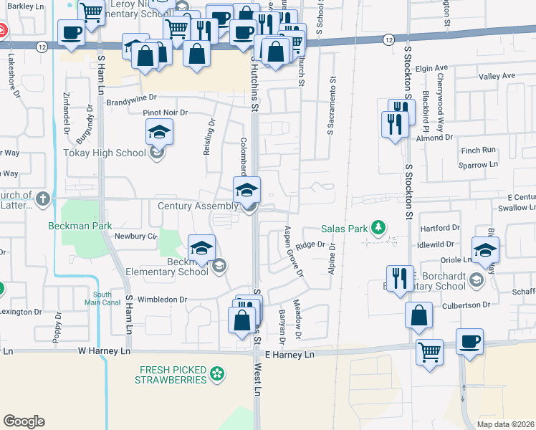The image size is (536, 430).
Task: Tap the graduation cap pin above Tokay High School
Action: pyautogui.click(x=159, y=132)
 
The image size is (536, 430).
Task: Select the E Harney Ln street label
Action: pyautogui.click(x=289, y=355)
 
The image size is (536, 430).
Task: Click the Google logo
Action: pyautogui.click(x=24, y=421)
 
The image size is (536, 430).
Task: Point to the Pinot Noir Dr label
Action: pyautogui.click(x=164, y=113)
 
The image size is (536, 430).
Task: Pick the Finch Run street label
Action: pyautogui.click(x=479, y=150)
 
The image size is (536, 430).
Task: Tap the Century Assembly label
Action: pyautogui.click(x=197, y=206)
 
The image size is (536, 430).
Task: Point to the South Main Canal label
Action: pyautogui.click(x=102, y=298)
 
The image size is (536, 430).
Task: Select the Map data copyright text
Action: pyautogui.click(x=504, y=424)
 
